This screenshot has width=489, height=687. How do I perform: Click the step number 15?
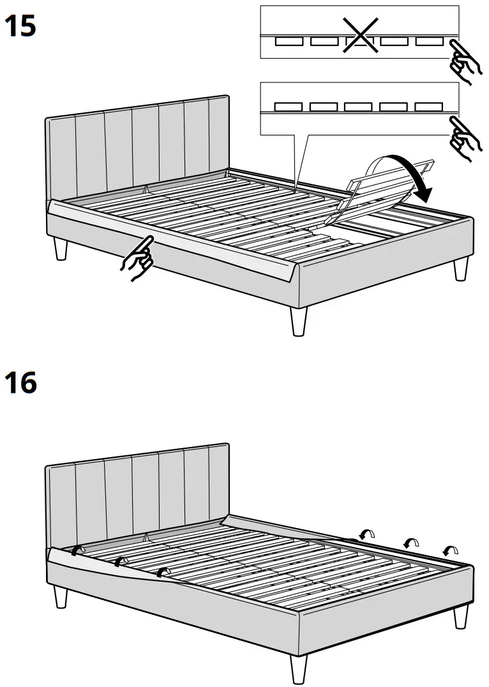(20, 26)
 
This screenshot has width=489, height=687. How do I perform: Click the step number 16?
(20, 383)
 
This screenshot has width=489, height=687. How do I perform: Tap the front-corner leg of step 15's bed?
(298, 321)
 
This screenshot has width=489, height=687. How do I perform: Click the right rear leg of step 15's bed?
(460, 268)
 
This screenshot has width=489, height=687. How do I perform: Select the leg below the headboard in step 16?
(61, 596)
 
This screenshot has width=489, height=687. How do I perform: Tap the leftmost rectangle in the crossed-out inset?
(289, 42)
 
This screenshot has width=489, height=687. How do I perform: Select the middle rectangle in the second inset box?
(358, 107)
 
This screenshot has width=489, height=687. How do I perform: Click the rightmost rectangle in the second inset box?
(429, 107)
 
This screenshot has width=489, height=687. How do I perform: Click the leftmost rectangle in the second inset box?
(289, 107)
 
